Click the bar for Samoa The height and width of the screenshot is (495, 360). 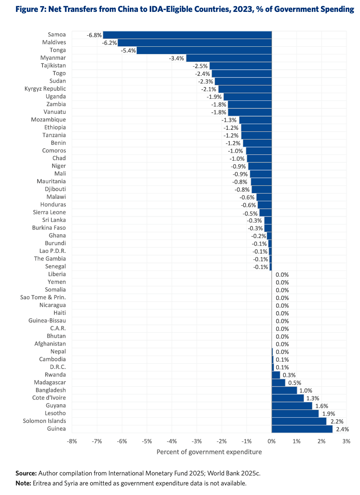click(187, 35)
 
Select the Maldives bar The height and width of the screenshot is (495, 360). click(195, 43)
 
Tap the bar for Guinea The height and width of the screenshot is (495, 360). click(302, 429)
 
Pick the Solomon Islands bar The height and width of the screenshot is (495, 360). click(299, 421)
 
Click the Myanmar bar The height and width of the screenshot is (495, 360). click(229, 58)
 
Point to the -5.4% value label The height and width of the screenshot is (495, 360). click(128, 51)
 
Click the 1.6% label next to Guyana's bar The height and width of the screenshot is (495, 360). click(322, 406)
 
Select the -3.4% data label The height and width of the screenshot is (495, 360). click(177, 59)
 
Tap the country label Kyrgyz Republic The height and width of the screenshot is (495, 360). click(45, 89)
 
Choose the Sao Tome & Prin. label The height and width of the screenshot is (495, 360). click(43, 297)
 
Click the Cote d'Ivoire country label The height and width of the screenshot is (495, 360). click(49, 398)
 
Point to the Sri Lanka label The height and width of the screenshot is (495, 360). click(54, 220)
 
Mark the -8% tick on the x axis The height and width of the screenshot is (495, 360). click(72, 441)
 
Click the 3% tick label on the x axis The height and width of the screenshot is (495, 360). click(346, 441)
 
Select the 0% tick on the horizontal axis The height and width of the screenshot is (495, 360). click(272, 441)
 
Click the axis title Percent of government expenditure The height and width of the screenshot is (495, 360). click(209, 452)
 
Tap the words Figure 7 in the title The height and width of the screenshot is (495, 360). click(30, 9)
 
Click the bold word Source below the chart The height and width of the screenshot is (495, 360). click(26, 473)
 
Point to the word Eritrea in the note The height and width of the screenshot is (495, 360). click(43, 483)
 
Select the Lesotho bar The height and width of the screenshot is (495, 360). click(295, 413)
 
